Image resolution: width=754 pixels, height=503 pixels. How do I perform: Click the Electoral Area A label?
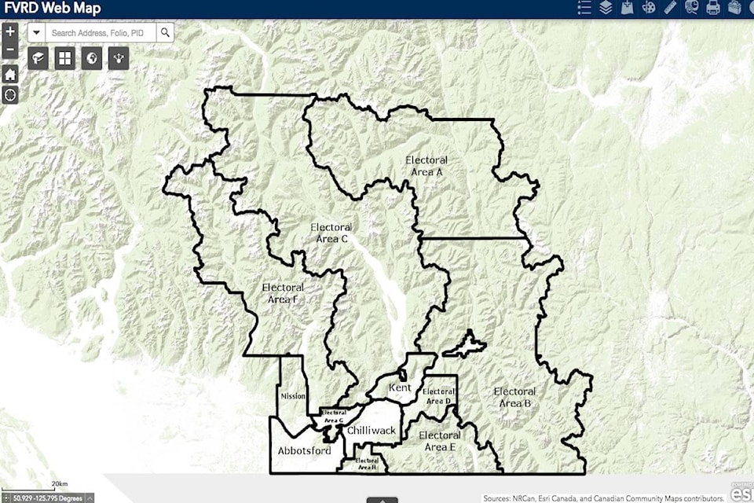click(x=426, y=165)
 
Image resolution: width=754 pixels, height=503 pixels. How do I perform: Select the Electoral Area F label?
click(x=283, y=292)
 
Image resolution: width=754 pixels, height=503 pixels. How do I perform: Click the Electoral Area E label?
click(x=439, y=441)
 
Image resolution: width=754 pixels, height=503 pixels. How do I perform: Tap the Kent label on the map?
click(x=400, y=387)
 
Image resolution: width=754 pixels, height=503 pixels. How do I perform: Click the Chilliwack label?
click(x=371, y=430)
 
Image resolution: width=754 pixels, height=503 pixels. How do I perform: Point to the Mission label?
click(x=292, y=396)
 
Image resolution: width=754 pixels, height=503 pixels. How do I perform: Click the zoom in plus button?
click(x=10, y=32)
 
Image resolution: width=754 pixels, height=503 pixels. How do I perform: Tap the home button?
click(x=10, y=75)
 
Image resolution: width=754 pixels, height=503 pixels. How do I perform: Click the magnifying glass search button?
click(x=165, y=32)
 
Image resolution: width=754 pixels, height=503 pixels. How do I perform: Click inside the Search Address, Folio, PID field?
click(x=102, y=32)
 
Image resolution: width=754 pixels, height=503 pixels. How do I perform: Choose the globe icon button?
click(x=92, y=57)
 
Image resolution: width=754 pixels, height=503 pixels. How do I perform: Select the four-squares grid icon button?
click(x=65, y=57)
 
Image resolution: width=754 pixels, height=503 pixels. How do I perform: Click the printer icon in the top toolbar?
click(x=713, y=9)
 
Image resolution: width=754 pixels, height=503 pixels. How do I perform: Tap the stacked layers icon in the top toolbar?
click(x=606, y=9)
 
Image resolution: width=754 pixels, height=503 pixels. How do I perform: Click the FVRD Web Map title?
click(x=52, y=9)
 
